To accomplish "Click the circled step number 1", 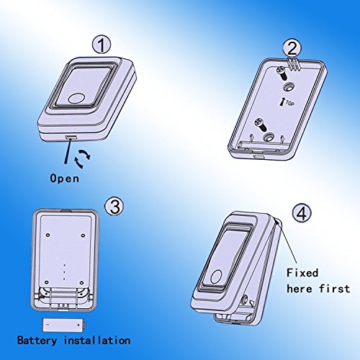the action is tap(102, 45).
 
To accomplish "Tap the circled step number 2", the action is tap(292, 48).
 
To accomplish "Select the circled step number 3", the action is tap(114, 207).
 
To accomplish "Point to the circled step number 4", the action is tap(302, 213).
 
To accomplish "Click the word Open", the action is tap(65, 179).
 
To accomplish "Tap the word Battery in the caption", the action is tap(37, 341).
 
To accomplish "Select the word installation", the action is tap(97, 341).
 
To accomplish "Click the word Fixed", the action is tap(302, 273).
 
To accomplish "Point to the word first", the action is tap(334, 289).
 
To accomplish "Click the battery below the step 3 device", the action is tap(64, 325).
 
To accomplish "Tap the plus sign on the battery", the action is tap(78, 325).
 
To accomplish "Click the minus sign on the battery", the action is tap(48, 325).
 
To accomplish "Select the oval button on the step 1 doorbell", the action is tap(76, 99).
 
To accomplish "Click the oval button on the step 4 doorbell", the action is tap(217, 276).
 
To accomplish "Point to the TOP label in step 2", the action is tap(290, 104).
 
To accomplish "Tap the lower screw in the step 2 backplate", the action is tap(261, 125).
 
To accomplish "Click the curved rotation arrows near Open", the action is tap(82, 158).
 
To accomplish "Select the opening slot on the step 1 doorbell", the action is tap(71, 138).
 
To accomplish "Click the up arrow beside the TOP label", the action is tap(282, 102).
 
